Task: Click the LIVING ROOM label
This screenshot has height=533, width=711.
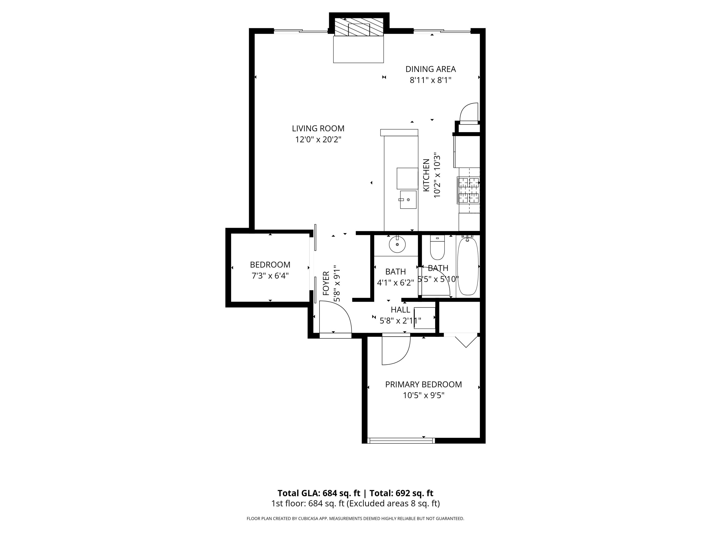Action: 318,128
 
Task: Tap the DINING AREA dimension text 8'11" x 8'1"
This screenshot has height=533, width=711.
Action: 430,80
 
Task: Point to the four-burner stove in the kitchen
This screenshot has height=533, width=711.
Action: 469,190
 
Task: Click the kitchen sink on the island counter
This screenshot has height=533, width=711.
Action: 408,199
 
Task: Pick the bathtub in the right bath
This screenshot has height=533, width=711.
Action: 468,266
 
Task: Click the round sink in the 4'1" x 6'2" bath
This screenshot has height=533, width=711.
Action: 397,244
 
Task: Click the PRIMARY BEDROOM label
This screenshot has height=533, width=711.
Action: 423,384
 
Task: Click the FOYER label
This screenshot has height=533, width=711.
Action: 326,283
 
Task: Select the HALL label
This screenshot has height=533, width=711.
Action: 400,310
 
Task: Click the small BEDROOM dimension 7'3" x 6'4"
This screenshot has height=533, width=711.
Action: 270,276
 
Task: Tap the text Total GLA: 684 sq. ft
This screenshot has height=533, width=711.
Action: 319,493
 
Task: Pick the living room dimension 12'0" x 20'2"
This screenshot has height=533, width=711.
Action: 318,140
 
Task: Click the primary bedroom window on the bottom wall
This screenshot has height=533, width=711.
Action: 401,440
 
